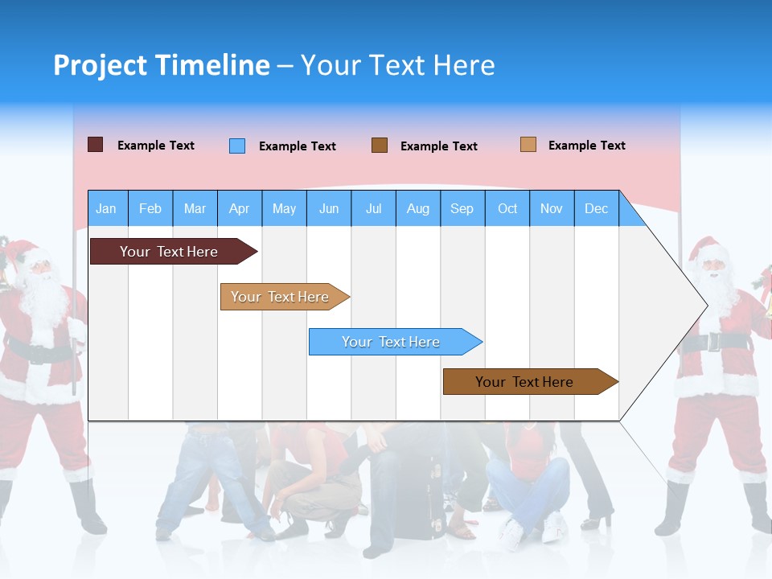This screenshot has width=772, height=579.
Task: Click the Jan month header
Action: (106, 208)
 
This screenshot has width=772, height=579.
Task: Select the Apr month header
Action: (239, 208)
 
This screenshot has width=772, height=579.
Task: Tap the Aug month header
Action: (417, 208)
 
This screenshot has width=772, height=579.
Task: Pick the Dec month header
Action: (596, 208)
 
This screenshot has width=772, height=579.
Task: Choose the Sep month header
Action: (462, 208)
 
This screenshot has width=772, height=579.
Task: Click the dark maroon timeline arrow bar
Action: (169, 252)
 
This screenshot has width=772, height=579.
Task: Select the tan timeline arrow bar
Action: (280, 297)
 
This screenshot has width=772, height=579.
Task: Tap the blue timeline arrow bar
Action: (391, 342)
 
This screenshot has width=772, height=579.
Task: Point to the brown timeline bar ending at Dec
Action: (524, 382)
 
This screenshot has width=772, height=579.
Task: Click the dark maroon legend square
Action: (95, 145)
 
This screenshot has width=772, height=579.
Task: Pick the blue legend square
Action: (237, 146)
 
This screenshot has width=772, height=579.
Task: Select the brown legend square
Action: (380, 145)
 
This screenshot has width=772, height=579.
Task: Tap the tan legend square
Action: (528, 145)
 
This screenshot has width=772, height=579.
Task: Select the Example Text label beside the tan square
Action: (586, 145)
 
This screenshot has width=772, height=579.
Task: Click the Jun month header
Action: (328, 208)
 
